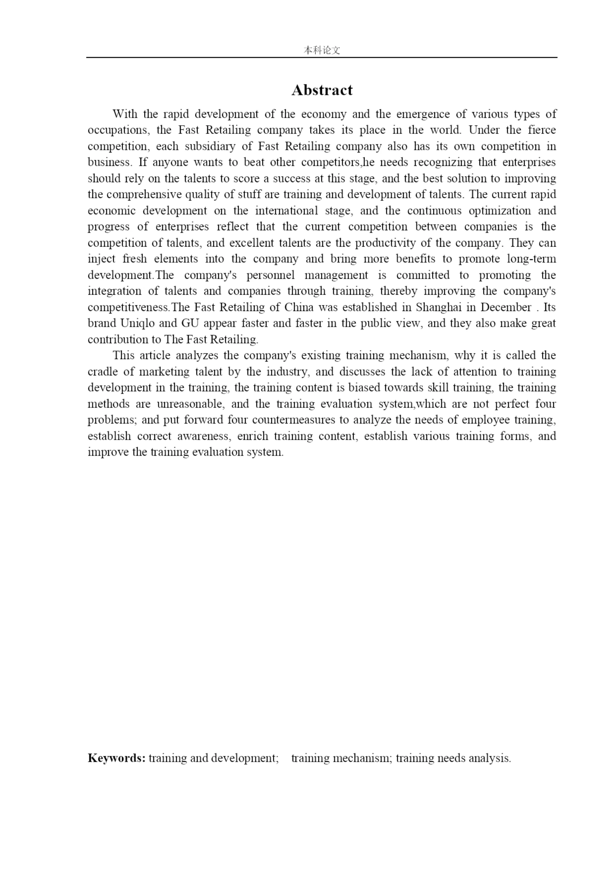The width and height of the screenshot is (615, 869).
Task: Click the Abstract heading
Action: [x=322, y=90]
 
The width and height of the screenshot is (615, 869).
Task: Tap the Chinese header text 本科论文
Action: [x=322, y=50]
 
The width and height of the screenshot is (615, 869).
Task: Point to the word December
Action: [x=505, y=307]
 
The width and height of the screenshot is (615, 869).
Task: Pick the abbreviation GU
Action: [x=190, y=324]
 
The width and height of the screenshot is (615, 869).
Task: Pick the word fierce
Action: [x=542, y=130]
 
